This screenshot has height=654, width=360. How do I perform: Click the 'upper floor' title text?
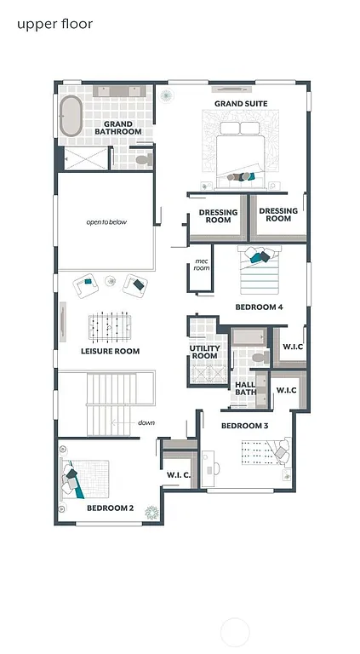click(54, 24)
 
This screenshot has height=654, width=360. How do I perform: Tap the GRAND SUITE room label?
click(241, 104)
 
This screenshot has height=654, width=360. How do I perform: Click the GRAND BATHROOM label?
click(117, 129)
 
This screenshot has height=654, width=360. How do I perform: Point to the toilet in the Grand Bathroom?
click(142, 158)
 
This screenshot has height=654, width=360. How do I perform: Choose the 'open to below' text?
click(106, 222)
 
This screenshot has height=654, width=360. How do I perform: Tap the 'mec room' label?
click(202, 265)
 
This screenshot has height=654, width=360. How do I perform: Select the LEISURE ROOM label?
click(110, 351)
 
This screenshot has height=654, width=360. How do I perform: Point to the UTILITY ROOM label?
click(204, 353)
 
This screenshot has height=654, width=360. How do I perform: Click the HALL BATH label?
click(245, 388)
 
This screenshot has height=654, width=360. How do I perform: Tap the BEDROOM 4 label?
click(259, 307)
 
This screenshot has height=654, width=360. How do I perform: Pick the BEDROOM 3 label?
click(244, 425)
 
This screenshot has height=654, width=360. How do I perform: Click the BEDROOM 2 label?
click(110, 508)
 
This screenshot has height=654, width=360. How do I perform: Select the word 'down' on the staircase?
click(146, 422)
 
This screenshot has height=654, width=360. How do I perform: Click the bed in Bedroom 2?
click(86, 479)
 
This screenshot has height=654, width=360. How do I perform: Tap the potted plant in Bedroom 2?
click(151, 511)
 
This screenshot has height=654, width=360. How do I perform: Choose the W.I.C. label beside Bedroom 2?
click(178, 474)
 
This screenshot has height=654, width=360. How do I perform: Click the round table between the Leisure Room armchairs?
click(111, 281)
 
